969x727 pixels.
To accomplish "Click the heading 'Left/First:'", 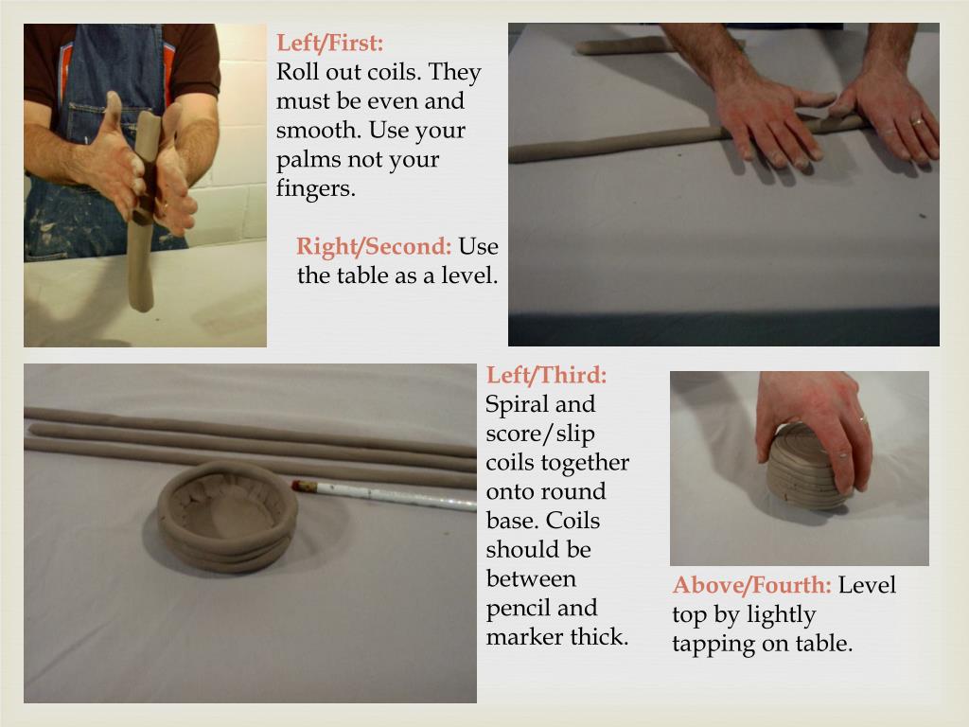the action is click(x=330, y=43).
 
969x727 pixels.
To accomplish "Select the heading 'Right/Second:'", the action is click(x=374, y=246).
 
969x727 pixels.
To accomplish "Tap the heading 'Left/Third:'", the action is click(x=546, y=375).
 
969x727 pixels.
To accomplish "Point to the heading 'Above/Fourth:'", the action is click(x=752, y=585).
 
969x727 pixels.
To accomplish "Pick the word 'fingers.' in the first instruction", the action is click(x=316, y=187).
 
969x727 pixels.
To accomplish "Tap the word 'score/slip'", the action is click(x=540, y=434).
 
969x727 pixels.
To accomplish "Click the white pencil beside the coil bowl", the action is click(x=384, y=494).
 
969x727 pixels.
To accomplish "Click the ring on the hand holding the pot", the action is click(x=863, y=419).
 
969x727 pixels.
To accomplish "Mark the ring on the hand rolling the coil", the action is click(x=917, y=121).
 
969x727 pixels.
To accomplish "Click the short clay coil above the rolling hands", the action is click(x=625, y=45).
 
